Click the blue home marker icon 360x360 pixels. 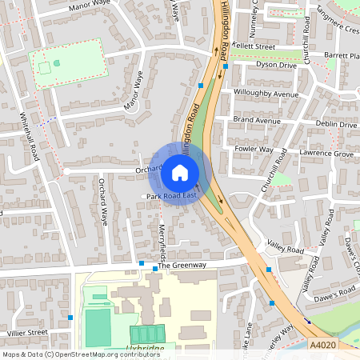tap(180, 172)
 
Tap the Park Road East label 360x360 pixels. tap(170, 195)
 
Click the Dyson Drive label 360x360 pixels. tap(276, 66)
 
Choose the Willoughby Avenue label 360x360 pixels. tap(266, 94)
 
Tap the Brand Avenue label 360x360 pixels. tap(258, 120)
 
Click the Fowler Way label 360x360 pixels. tap(254, 149)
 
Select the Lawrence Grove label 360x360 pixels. tap(326, 153)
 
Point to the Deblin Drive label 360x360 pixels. tap(336, 125)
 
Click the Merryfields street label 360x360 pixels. tap(162, 240)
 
